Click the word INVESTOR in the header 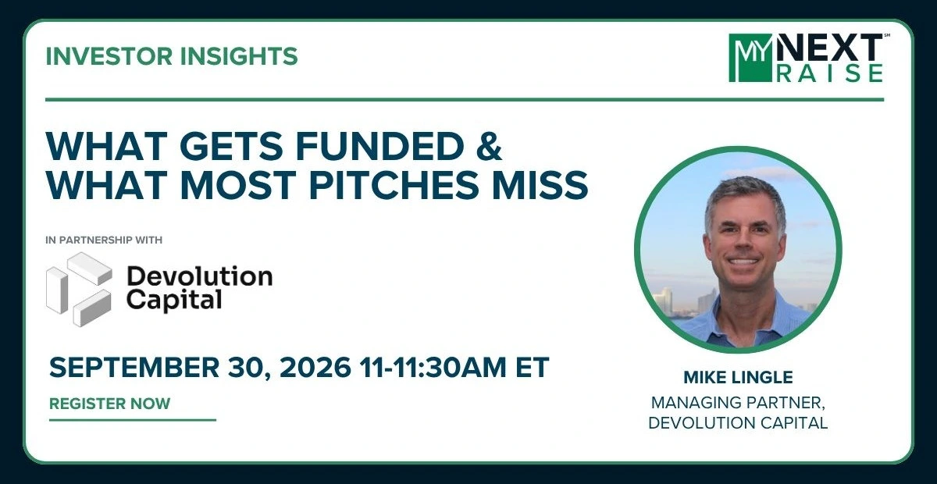[109, 56]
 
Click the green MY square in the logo [750, 58]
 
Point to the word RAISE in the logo [830, 73]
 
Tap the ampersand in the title [489, 146]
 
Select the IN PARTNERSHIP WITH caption [104, 240]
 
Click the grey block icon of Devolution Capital [79, 289]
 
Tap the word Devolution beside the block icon [200, 276]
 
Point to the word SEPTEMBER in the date [134, 367]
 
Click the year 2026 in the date [315, 367]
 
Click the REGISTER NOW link [109, 404]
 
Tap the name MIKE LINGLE [738, 377]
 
